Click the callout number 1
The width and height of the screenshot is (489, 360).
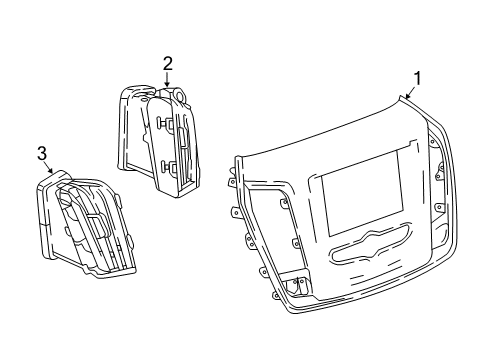coord(417,79)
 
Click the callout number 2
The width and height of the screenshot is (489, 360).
coord(168,63)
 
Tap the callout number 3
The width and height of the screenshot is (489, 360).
coord(42,154)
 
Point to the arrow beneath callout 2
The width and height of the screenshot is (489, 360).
coord(167,80)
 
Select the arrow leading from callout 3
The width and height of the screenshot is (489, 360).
coord(48,168)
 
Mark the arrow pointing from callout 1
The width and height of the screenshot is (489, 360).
coord(411,92)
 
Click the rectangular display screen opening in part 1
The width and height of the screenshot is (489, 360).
coord(363,193)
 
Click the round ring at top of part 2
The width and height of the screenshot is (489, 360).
coord(180,94)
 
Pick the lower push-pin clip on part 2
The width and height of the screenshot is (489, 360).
coord(167,166)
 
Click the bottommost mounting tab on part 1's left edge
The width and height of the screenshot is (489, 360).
coord(276,295)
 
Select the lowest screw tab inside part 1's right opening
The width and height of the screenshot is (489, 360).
coord(439,207)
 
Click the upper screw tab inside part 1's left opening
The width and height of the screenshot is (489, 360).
coord(283,203)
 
